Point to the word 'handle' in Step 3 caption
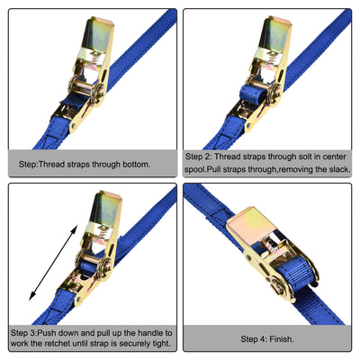pyautogui.click(x=142, y=334)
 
